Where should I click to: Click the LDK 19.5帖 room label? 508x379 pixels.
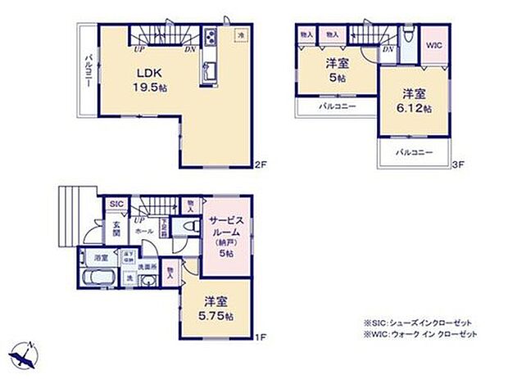(x=152, y=78)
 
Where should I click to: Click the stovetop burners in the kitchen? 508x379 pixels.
(x=211, y=38)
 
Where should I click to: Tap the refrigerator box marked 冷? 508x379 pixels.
(x=240, y=36)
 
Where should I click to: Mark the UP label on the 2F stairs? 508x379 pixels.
(x=140, y=48)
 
